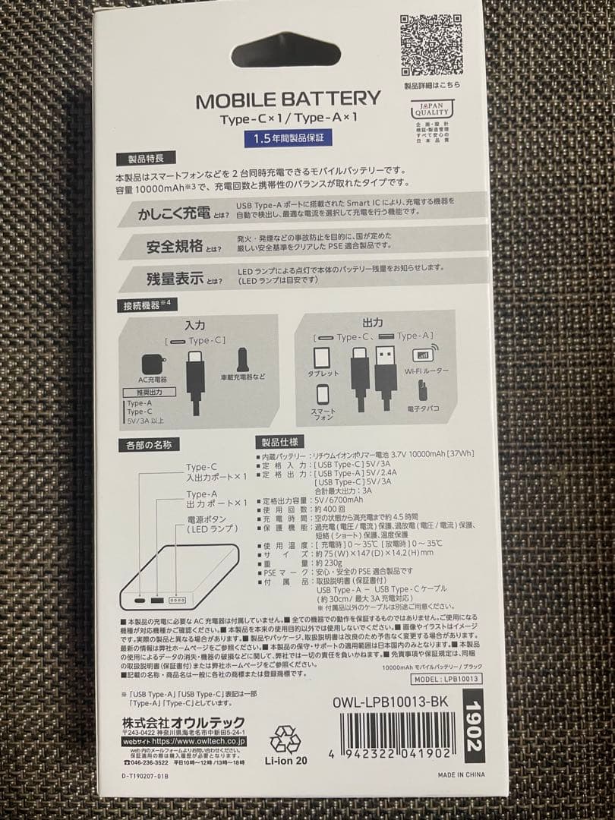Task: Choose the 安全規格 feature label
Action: tap(174, 246)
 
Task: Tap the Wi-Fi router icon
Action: tap(422, 354)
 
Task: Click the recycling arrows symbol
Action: tap(285, 739)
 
